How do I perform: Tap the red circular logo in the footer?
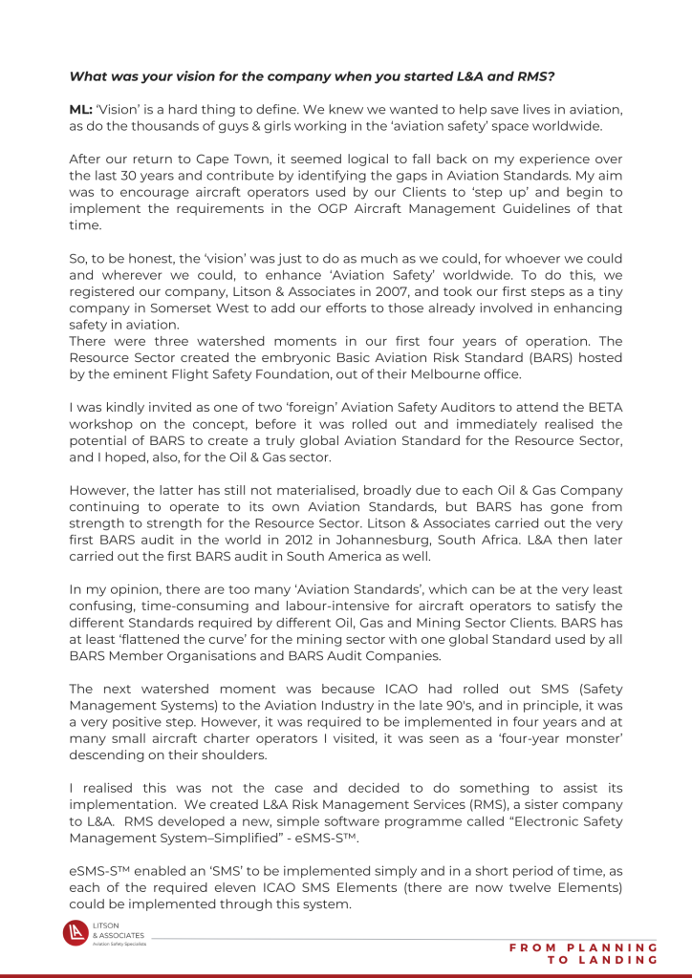pyautogui.click(x=76, y=933)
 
